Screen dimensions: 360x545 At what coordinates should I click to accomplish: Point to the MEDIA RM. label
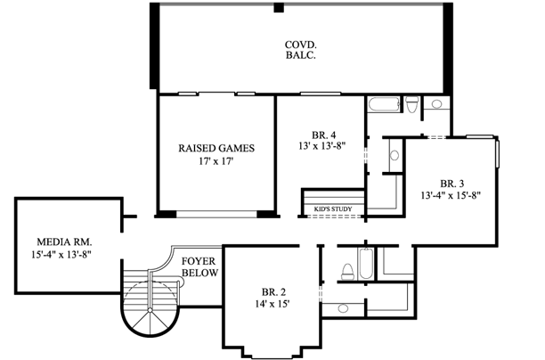pyautogui.click(x=64, y=241)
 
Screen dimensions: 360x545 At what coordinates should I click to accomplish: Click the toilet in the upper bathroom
pyautogui.click(x=411, y=107)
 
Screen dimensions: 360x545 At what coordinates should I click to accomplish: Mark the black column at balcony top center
pyautogui.click(x=279, y=8)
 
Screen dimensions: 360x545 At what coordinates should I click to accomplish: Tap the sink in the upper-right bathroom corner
pyautogui.click(x=438, y=104)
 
